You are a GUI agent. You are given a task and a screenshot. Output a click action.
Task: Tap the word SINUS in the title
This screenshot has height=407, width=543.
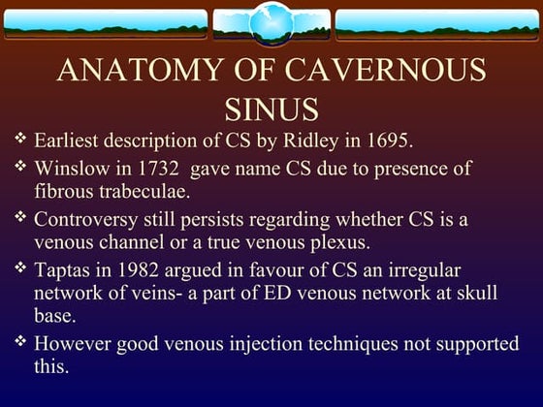pyautogui.click(x=271, y=107)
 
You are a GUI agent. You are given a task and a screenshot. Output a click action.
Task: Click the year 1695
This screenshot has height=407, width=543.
pyautogui.click(x=387, y=141)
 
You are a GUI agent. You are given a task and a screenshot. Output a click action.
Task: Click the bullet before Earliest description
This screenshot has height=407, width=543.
pyautogui.click(x=21, y=141)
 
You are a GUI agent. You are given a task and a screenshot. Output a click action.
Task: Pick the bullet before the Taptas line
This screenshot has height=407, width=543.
pyautogui.click(x=21, y=268)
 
